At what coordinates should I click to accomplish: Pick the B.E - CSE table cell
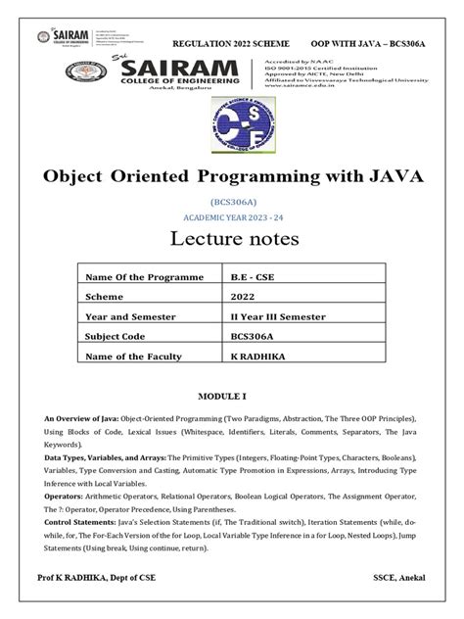(x=249, y=277)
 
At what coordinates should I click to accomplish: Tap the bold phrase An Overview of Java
(x=82, y=419)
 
